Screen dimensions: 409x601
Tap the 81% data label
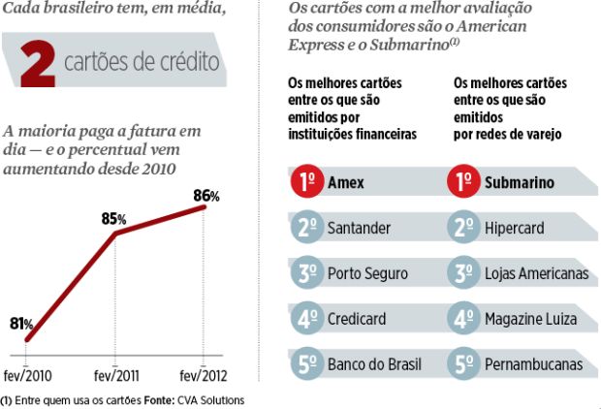pos(22,324)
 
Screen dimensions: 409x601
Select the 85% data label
pos(114,219)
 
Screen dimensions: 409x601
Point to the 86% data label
pos(206,195)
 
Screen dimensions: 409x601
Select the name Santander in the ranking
pos(360,229)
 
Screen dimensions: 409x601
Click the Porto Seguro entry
pos(367,274)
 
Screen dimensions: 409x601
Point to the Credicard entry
pos(358,319)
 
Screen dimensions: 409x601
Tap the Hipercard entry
pos(514,229)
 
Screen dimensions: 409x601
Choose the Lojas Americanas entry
pos(536,274)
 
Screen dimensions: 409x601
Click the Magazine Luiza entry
pos(530,319)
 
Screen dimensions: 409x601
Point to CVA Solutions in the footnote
pos(210,400)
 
